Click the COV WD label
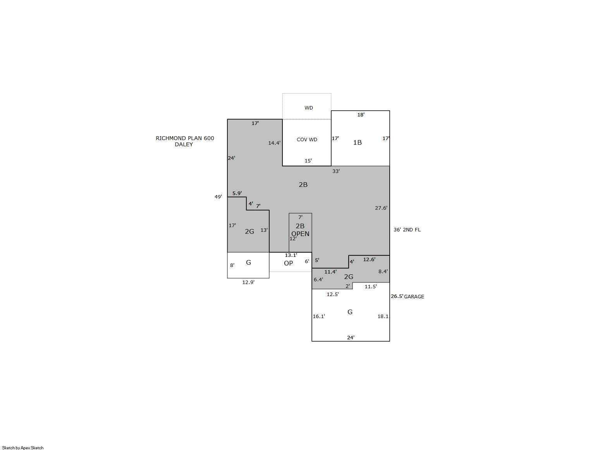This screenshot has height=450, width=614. click(307, 140)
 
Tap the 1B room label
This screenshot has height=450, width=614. click(357, 142)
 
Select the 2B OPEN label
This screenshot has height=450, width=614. click(300, 230)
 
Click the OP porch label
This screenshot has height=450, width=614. click(288, 263)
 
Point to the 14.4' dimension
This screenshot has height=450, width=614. click(274, 143)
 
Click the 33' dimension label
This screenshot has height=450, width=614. click(336, 171)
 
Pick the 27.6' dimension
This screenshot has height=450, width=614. click(381, 208)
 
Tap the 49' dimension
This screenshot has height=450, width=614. click(218, 197)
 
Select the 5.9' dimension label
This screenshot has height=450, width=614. click(237, 193)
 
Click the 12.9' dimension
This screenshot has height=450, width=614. click(248, 282)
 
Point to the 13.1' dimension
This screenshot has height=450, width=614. click(291, 255)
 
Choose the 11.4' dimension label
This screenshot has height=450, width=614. click(330, 272)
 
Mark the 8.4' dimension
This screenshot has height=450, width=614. click(383, 271)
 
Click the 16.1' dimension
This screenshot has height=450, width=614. click(319, 317)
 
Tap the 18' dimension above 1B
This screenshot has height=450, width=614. click(361, 115)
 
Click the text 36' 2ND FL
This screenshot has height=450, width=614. click(407, 230)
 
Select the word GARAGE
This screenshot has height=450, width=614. click(414, 296)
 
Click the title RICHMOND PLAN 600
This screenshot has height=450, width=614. click(185, 138)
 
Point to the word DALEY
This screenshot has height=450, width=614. click(184, 145)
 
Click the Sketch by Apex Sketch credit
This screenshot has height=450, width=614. click(23, 448)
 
